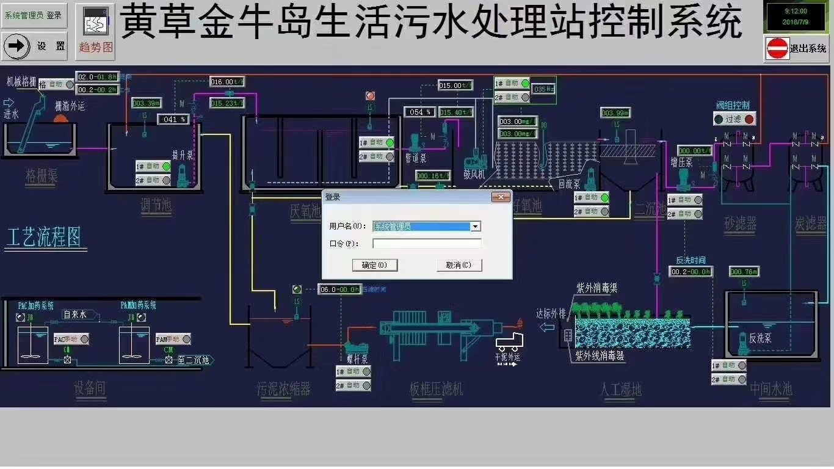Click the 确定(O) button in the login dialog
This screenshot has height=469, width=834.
coord(375,265)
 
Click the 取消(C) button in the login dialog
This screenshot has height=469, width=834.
coord(459,265)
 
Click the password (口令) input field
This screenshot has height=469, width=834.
coord(427,243)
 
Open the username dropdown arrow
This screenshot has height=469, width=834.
coord(476,227)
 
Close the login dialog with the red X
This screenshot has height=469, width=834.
coord(501,197)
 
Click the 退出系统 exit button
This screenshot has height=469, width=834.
coord(796,48)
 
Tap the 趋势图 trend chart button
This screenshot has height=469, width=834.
coord(96,34)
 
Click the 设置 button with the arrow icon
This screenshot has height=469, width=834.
coord(35,46)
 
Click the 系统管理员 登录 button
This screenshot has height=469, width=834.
coord(34,15)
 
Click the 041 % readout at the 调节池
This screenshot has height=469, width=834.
coord(175,120)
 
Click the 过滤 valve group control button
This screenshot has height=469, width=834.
coord(734,119)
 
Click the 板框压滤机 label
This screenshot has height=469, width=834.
coord(437,388)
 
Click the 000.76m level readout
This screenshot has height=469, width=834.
coord(744,272)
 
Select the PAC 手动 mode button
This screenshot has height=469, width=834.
coord(71,339)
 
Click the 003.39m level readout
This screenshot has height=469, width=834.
coord(147,103)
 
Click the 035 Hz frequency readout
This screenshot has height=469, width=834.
coord(543,89)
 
